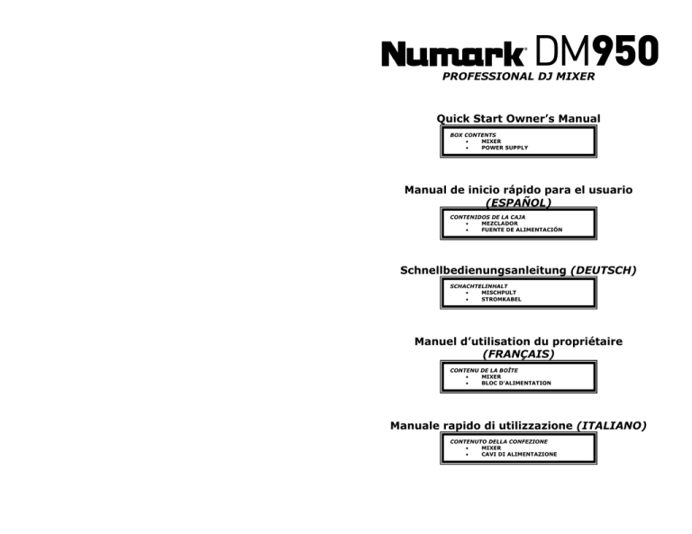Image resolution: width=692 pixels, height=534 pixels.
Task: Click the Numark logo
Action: coord(453,53)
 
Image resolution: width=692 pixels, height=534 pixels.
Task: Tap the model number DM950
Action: coord(597,50)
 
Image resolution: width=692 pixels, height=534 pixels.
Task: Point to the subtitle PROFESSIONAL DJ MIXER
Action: coord(519,77)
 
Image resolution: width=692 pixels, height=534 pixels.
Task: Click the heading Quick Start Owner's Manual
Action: coord(519,119)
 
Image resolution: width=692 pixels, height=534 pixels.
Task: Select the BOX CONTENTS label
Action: coord(473,135)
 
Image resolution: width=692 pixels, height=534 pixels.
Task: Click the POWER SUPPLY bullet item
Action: coord(505,148)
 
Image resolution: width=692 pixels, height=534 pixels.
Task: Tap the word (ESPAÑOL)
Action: coord(519,203)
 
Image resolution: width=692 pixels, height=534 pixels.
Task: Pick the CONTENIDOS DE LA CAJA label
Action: coord(487,217)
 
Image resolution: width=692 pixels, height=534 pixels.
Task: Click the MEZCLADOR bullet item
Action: coord(499,223)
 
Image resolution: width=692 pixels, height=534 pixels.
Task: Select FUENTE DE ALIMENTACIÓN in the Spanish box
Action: coord(522,230)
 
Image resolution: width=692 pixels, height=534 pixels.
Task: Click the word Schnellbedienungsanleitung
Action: coord(483,270)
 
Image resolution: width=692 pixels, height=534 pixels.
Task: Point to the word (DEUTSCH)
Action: coord(604,270)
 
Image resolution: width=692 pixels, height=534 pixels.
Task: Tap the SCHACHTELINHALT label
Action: coord(478,286)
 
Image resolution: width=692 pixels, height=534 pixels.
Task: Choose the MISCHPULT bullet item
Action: coord(498,293)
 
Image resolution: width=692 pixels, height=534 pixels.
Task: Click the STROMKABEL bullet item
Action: coord(501,299)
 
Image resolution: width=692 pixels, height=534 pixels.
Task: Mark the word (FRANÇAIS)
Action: coord(519,354)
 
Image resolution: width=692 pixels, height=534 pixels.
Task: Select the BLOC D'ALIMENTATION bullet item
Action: coord(516,384)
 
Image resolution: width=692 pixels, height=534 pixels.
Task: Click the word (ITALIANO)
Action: coord(612,426)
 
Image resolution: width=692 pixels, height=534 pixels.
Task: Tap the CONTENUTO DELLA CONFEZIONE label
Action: coord(498,441)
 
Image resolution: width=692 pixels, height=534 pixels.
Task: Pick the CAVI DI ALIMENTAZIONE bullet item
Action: coord(519,454)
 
